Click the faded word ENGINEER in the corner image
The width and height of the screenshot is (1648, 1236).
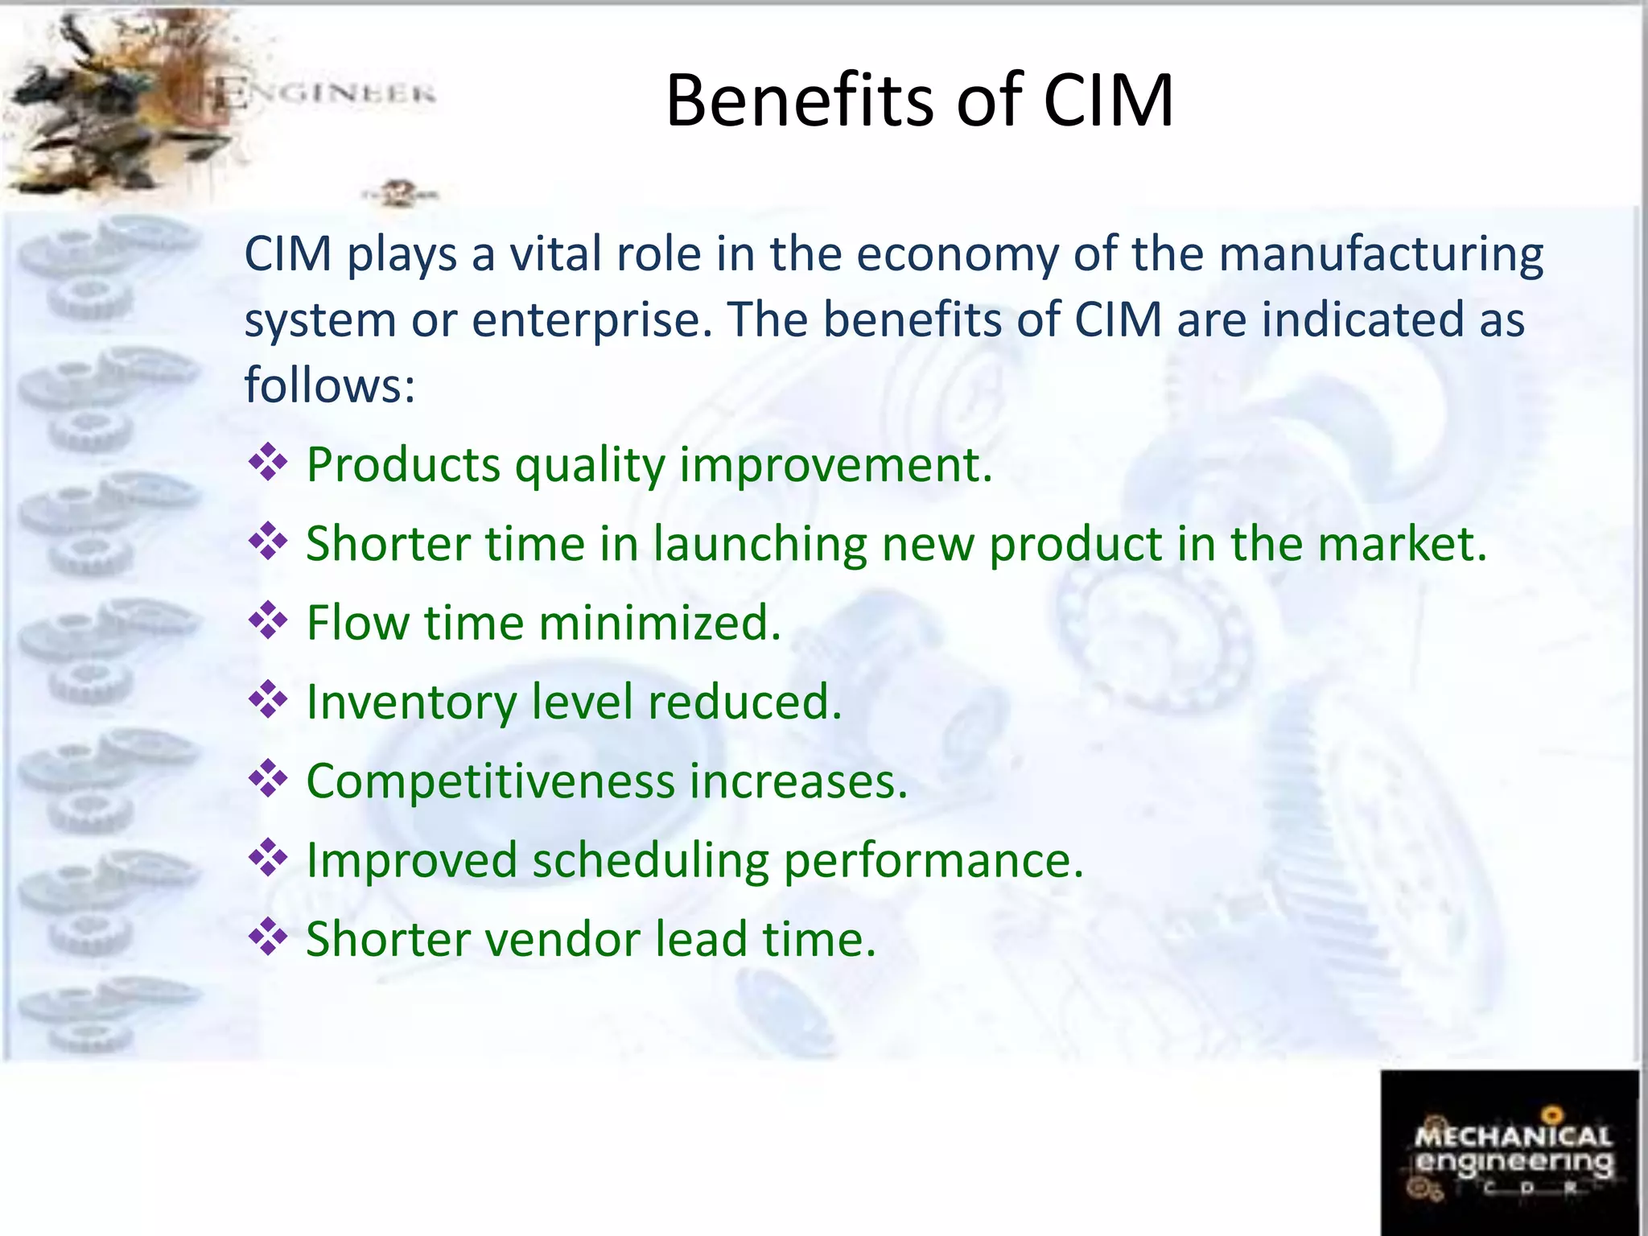326,94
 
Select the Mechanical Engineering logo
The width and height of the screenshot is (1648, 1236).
1510,1152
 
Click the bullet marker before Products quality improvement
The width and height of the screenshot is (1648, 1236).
268,463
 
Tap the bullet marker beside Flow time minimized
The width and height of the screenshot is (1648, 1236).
268,621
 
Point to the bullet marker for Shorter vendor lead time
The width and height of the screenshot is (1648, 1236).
268,937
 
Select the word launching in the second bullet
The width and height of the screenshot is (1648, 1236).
759,545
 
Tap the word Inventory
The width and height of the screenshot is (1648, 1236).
411,702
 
